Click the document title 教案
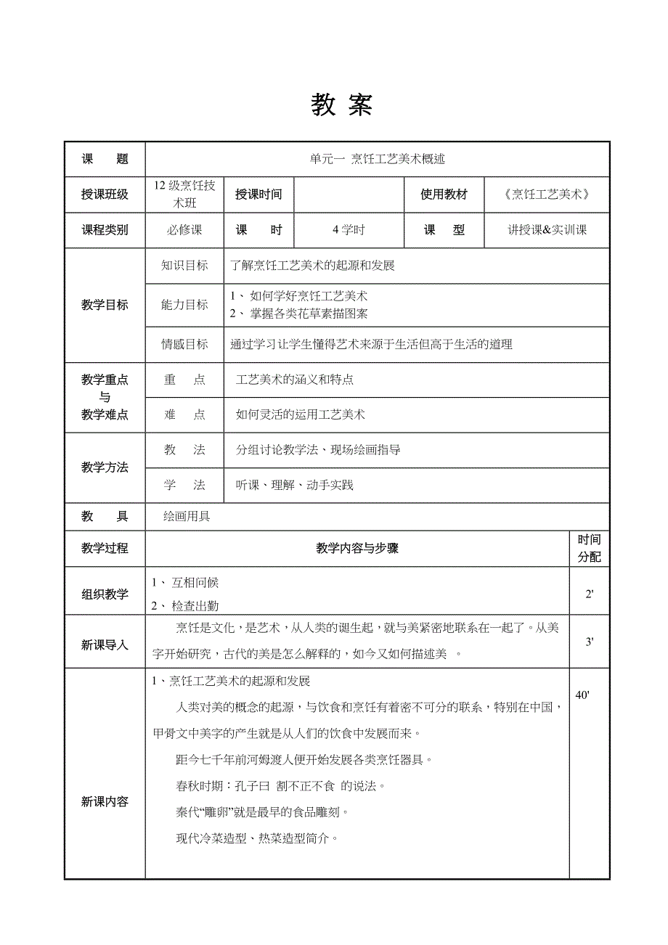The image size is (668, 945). click(341, 106)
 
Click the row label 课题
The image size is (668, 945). click(105, 159)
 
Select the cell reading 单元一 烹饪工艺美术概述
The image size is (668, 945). click(378, 159)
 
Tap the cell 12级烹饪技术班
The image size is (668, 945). click(184, 194)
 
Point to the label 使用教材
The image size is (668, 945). click(444, 195)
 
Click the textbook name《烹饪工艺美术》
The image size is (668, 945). click(547, 195)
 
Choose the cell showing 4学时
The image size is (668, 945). click(349, 230)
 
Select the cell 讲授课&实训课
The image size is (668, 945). click(547, 230)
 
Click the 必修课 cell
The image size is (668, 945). click(184, 230)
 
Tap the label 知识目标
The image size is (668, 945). click(184, 266)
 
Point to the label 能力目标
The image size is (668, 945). click(184, 305)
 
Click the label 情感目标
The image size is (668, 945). click(184, 345)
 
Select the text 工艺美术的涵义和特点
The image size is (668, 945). click(295, 380)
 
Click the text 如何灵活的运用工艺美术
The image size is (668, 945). click(301, 415)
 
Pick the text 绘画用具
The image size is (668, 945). click(187, 517)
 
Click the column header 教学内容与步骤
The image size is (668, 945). click(357, 549)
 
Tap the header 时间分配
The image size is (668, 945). click(589, 549)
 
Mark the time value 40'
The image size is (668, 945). click(582, 695)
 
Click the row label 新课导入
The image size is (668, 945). click(105, 645)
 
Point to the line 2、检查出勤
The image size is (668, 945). click(185, 606)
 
